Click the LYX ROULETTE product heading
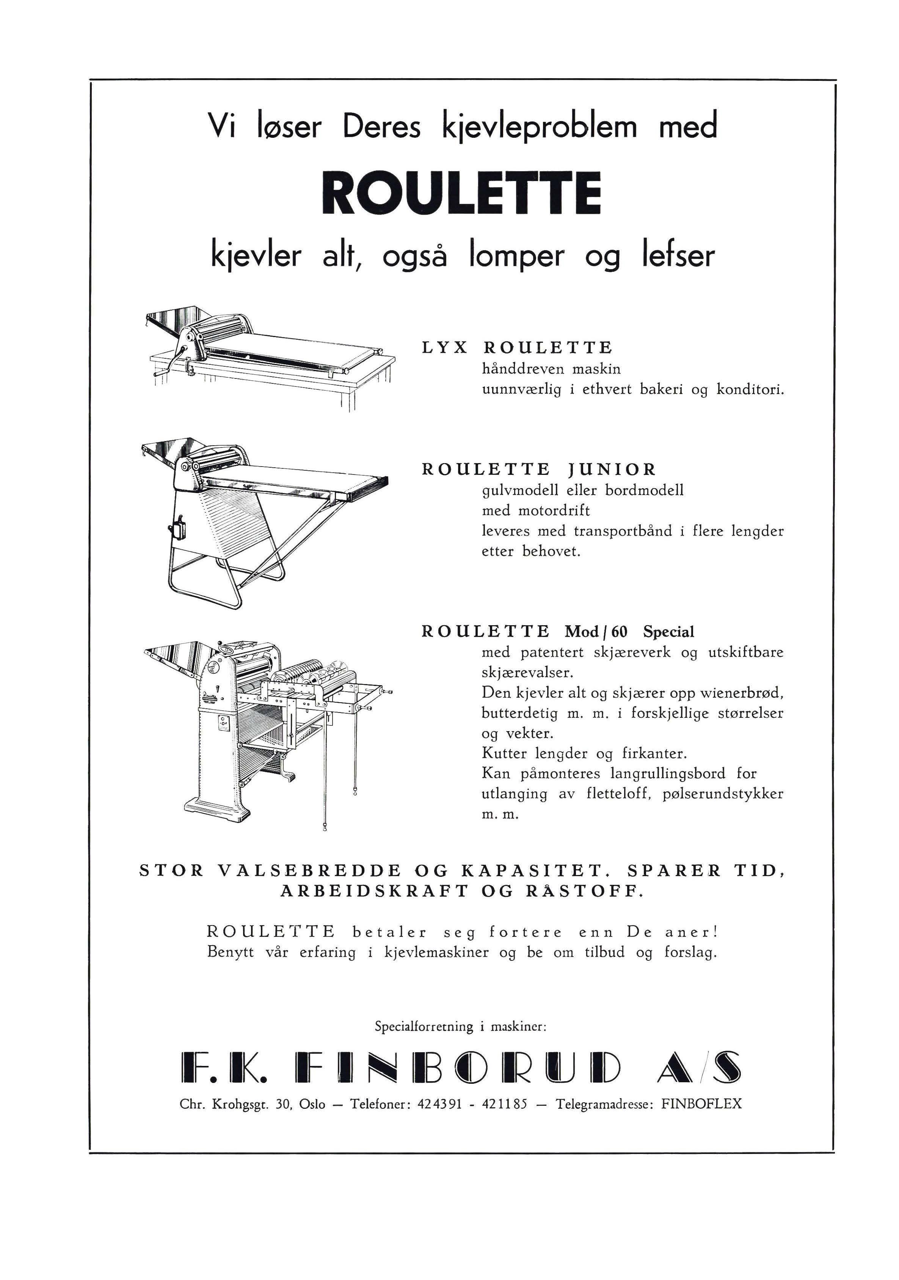click(516, 348)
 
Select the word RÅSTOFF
click(584, 891)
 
